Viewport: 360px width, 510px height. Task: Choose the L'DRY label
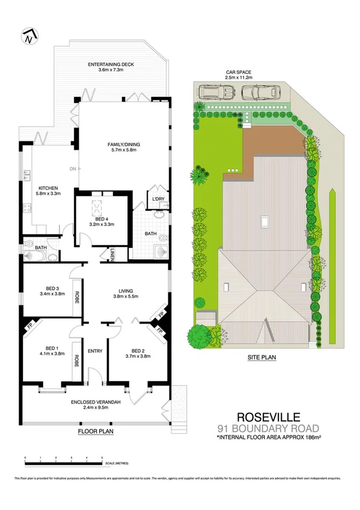coord(158,198)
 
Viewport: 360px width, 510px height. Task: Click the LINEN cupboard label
coord(112,256)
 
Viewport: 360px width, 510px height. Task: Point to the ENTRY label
coord(95,351)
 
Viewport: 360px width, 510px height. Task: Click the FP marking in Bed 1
coord(28,327)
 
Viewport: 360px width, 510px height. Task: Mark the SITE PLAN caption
coord(261,357)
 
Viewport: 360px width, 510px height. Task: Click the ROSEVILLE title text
coord(269,416)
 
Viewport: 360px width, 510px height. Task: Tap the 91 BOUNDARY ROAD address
coord(269,428)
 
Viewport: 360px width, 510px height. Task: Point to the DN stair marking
coord(73,168)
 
